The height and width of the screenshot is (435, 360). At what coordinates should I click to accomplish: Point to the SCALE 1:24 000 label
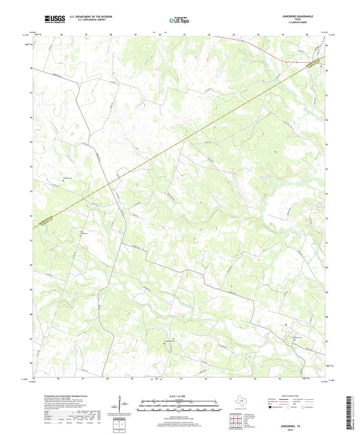[179, 396]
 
